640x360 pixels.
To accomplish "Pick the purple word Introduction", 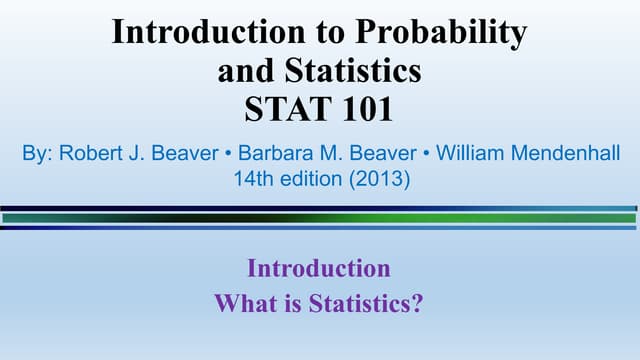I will (318, 268).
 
